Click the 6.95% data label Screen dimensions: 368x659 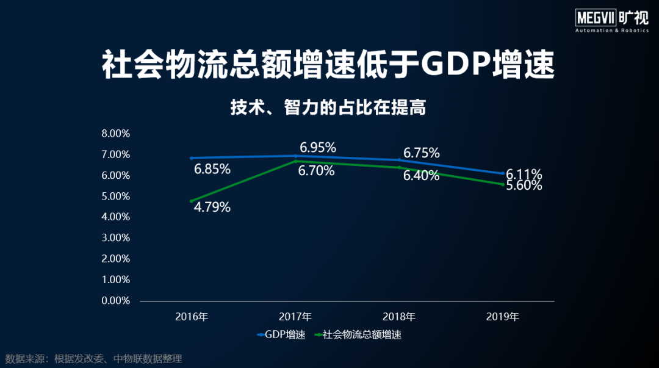coord(317,148)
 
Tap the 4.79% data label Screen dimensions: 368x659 coord(212,207)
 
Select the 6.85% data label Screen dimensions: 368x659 coord(212,169)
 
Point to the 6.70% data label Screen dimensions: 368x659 coord(316,171)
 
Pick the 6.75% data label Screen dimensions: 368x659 coord(421,153)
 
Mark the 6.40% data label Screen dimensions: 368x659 coord(421,176)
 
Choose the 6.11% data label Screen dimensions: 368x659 coord(524,175)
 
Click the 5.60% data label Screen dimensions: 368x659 coord(524,186)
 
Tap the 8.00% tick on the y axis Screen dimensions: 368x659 coord(115,134)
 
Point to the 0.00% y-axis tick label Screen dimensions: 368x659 coord(115,300)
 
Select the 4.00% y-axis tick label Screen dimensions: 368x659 coord(115,217)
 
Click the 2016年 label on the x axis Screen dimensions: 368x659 coord(192,317)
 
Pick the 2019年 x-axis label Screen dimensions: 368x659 coord(503,317)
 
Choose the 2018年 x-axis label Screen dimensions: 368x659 coord(399,317)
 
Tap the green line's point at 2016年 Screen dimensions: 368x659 coord(192,201)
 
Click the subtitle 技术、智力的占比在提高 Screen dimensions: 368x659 coord(328,108)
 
